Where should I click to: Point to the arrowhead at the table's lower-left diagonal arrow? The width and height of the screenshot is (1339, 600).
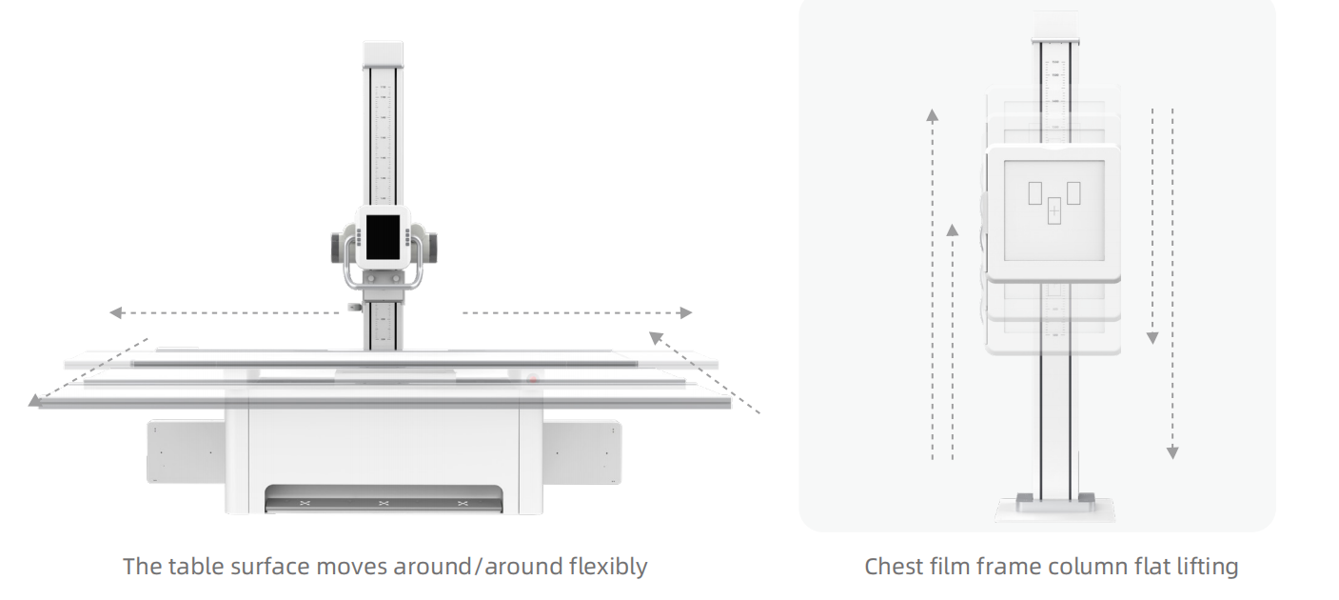[x=35, y=401]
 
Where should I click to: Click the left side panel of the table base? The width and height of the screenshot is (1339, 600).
[x=186, y=451]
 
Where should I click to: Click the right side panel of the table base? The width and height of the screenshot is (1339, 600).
[x=581, y=451]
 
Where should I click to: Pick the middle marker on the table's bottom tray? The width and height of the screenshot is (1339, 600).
[x=384, y=503]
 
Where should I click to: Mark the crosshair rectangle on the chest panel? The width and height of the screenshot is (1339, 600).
[x=1053, y=210]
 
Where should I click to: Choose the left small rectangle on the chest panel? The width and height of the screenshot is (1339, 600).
[x=1034, y=192]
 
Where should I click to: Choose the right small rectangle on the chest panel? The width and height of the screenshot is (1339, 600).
[x=1074, y=192]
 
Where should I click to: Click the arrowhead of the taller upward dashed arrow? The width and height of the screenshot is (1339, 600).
[x=933, y=116]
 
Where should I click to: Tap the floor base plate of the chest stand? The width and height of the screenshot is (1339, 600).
[x=1054, y=510]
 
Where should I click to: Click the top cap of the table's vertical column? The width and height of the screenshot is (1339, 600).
[x=383, y=53]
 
